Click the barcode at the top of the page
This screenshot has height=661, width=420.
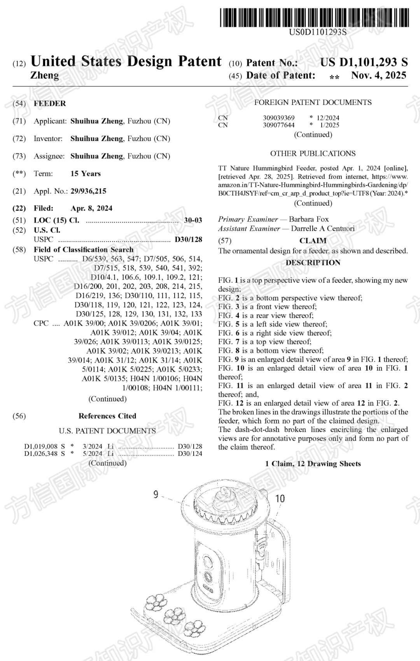pyautogui.click(x=314, y=17)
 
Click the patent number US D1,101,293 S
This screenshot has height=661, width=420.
pyautogui.click(x=364, y=62)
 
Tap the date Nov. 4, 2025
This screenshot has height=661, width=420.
pyautogui.click(x=378, y=75)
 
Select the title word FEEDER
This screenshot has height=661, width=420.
pyautogui.click(x=50, y=103)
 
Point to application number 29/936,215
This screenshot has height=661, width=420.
pyautogui.click(x=88, y=191)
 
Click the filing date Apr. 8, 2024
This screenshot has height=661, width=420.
pyautogui.click(x=91, y=208)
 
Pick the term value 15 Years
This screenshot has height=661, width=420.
pyautogui.click(x=86, y=173)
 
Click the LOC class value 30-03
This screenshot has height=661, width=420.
pyautogui.click(x=193, y=220)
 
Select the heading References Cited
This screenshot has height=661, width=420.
pyautogui.click(x=107, y=416)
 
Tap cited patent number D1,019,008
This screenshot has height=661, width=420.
pyautogui.click(x=41, y=446)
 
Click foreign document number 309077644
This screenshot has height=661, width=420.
pyautogui.click(x=278, y=125)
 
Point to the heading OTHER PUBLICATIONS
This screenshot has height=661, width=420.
pyautogui.click(x=313, y=153)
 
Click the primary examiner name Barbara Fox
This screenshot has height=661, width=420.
pyautogui.click(x=309, y=219)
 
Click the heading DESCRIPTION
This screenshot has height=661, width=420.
pyautogui.click(x=313, y=263)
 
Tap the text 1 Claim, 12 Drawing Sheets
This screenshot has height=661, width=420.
pyautogui.click(x=313, y=464)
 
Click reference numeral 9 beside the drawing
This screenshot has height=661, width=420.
pyautogui.click(x=156, y=494)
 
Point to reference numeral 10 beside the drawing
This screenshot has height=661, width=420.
pyautogui.click(x=280, y=499)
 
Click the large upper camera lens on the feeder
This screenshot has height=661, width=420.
pyautogui.click(x=208, y=562)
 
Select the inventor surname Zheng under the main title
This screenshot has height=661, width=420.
pyautogui.click(x=45, y=75)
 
